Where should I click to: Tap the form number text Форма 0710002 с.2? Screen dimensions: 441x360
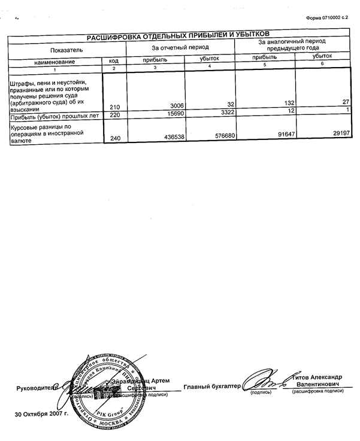point(331,19)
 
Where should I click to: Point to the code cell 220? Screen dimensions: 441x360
point(116,114)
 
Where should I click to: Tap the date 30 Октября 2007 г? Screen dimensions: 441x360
point(42,414)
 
